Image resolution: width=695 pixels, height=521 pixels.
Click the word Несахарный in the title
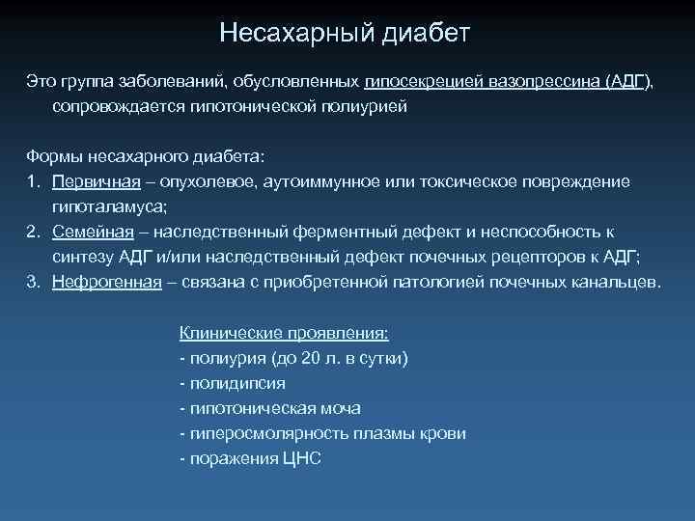pos(283,35)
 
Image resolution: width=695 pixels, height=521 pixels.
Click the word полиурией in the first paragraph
pos(364,106)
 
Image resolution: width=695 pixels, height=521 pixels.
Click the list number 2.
pos(32,233)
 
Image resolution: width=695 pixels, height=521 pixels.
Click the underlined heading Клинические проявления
pos(284,333)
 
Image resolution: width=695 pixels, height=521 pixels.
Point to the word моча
pos(339,409)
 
